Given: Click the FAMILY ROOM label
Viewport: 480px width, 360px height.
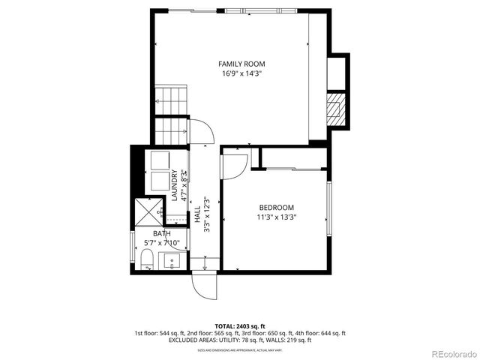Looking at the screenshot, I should click(x=241, y=64).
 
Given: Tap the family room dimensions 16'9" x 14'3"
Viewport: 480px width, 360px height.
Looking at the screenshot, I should click(x=241, y=73).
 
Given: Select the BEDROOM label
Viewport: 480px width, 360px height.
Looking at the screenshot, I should click(x=276, y=208).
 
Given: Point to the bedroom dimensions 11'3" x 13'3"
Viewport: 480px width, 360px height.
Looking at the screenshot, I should click(x=276, y=217).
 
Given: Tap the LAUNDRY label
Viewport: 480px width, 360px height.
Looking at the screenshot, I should click(x=174, y=186).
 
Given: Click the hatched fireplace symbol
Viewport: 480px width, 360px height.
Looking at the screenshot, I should click(x=334, y=109).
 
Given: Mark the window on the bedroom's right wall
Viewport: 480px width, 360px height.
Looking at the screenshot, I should click(x=328, y=207).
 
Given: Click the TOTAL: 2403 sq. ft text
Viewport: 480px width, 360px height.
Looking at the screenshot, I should click(x=240, y=326).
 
